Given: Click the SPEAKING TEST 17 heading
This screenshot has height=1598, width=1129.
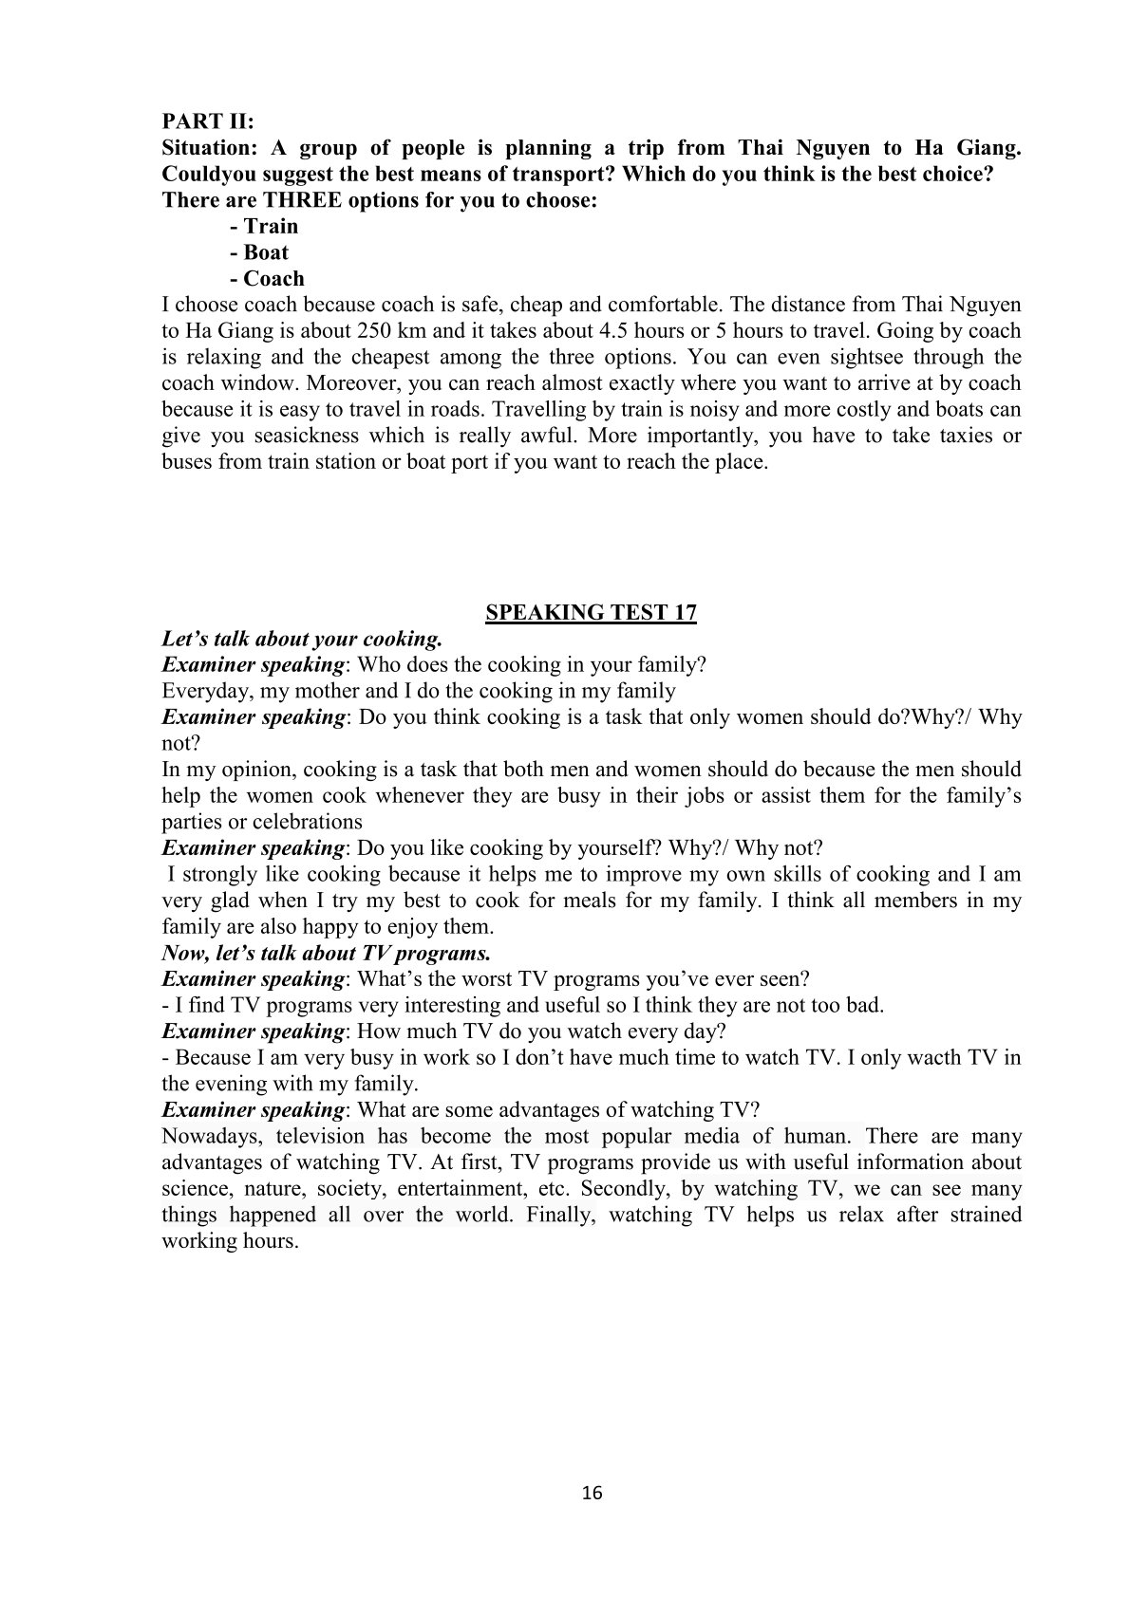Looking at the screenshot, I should pos(591,612).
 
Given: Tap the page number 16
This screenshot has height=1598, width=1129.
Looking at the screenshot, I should pos(591,1493).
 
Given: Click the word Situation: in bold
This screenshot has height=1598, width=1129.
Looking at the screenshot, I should pos(210,148).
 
